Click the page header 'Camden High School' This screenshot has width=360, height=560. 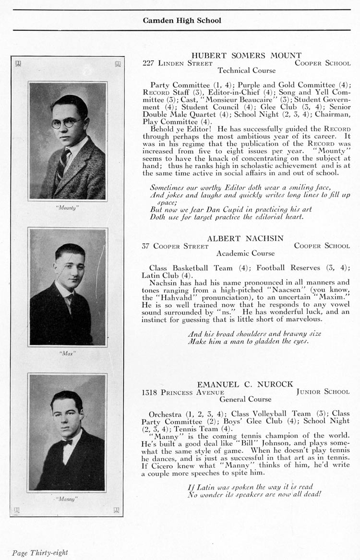[182, 21]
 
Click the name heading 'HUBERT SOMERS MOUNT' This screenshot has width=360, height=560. [246, 56]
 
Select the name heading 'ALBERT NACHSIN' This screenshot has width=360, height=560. [245, 238]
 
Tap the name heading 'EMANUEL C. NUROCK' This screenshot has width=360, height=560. [245, 384]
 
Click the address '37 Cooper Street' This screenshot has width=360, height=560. [175, 246]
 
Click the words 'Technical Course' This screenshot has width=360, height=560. [246, 70]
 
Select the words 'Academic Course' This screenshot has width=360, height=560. [245, 253]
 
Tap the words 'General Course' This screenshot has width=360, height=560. [245, 399]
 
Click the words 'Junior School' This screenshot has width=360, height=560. [323, 392]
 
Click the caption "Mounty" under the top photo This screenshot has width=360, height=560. [67, 208]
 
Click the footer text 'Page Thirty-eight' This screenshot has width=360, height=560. [40, 553]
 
